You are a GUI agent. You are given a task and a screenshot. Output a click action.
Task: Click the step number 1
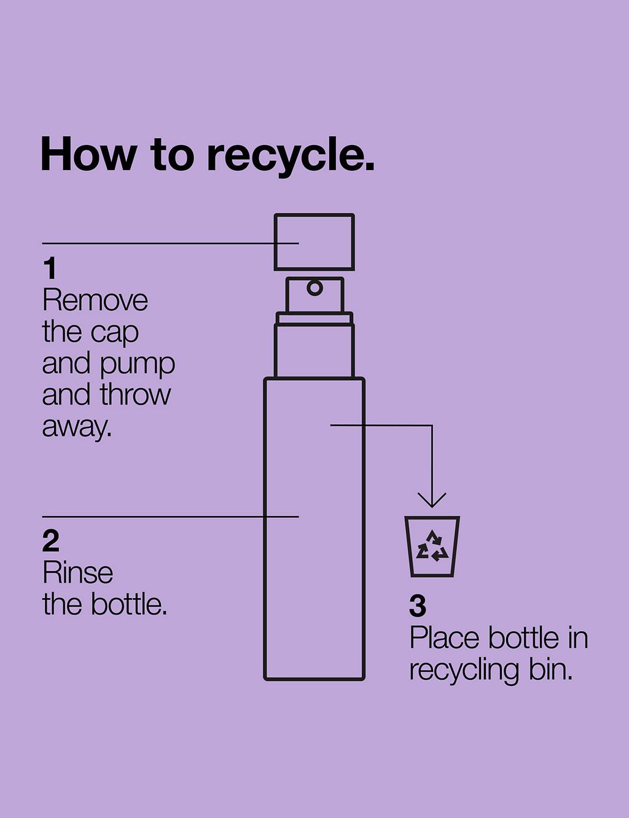click(x=50, y=269)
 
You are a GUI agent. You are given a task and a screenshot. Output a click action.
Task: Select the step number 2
click(x=51, y=541)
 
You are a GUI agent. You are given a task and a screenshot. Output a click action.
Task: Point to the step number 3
click(x=418, y=606)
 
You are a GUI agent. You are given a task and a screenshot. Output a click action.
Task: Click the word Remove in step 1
click(x=95, y=301)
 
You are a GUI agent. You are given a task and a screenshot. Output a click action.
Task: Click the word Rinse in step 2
click(x=78, y=573)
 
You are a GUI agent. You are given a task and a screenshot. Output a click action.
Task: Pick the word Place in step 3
click(x=445, y=638)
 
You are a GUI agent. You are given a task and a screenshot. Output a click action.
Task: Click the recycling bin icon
click(x=432, y=546)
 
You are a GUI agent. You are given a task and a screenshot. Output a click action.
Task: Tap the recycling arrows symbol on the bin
click(x=432, y=546)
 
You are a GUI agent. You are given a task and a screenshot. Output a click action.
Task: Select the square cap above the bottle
click(x=314, y=242)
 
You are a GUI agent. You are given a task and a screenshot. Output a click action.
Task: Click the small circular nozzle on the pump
click(x=314, y=287)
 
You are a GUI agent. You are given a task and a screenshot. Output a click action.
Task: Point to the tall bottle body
click(x=314, y=528)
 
